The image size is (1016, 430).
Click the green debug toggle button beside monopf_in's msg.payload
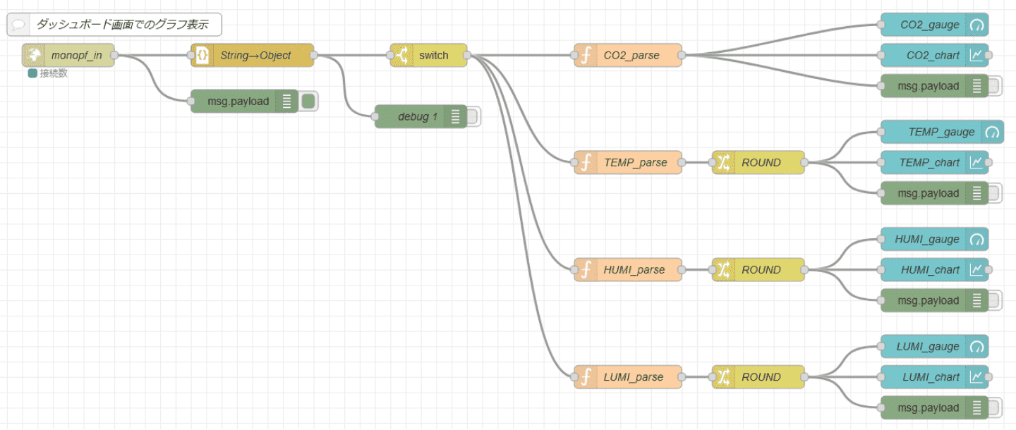[308, 102]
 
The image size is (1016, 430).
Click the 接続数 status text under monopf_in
[54, 73]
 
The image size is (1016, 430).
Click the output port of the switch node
[467, 55]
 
